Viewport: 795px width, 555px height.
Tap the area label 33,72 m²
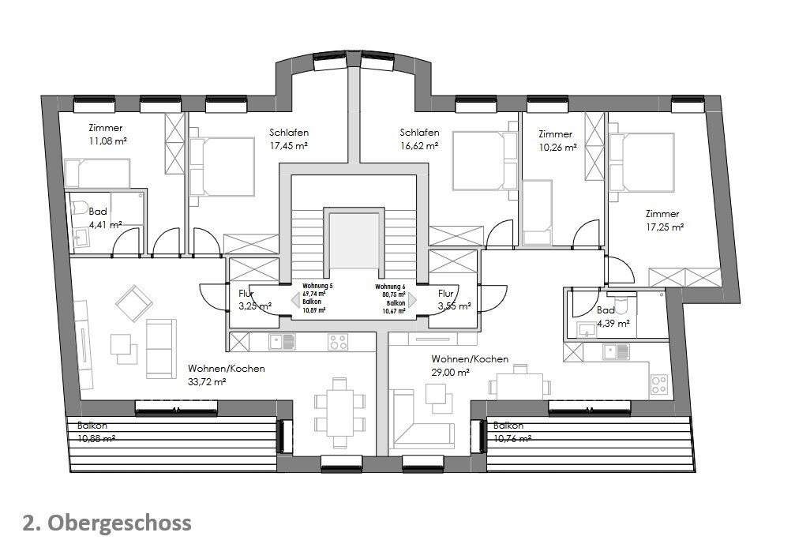click(x=207, y=381)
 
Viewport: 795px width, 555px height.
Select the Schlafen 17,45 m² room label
click(x=288, y=139)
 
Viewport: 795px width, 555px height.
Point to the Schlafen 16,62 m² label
click(x=419, y=139)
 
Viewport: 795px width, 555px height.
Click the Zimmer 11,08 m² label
click(x=107, y=133)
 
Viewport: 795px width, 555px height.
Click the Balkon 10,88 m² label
click(x=96, y=432)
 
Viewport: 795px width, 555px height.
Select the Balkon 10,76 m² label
click(x=512, y=432)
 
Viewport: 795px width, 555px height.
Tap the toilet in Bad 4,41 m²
click(x=79, y=207)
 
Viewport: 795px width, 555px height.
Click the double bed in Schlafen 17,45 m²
click(x=222, y=166)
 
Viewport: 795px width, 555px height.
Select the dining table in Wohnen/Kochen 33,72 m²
click(x=339, y=412)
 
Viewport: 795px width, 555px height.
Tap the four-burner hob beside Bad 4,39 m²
click(x=658, y=384)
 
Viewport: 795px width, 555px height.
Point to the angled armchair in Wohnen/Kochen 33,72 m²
click(x=133, y=303)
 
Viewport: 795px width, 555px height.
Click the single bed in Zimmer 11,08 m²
click(x=97, y=173)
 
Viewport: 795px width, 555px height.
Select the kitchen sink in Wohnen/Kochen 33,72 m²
click(x=282, y=342)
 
